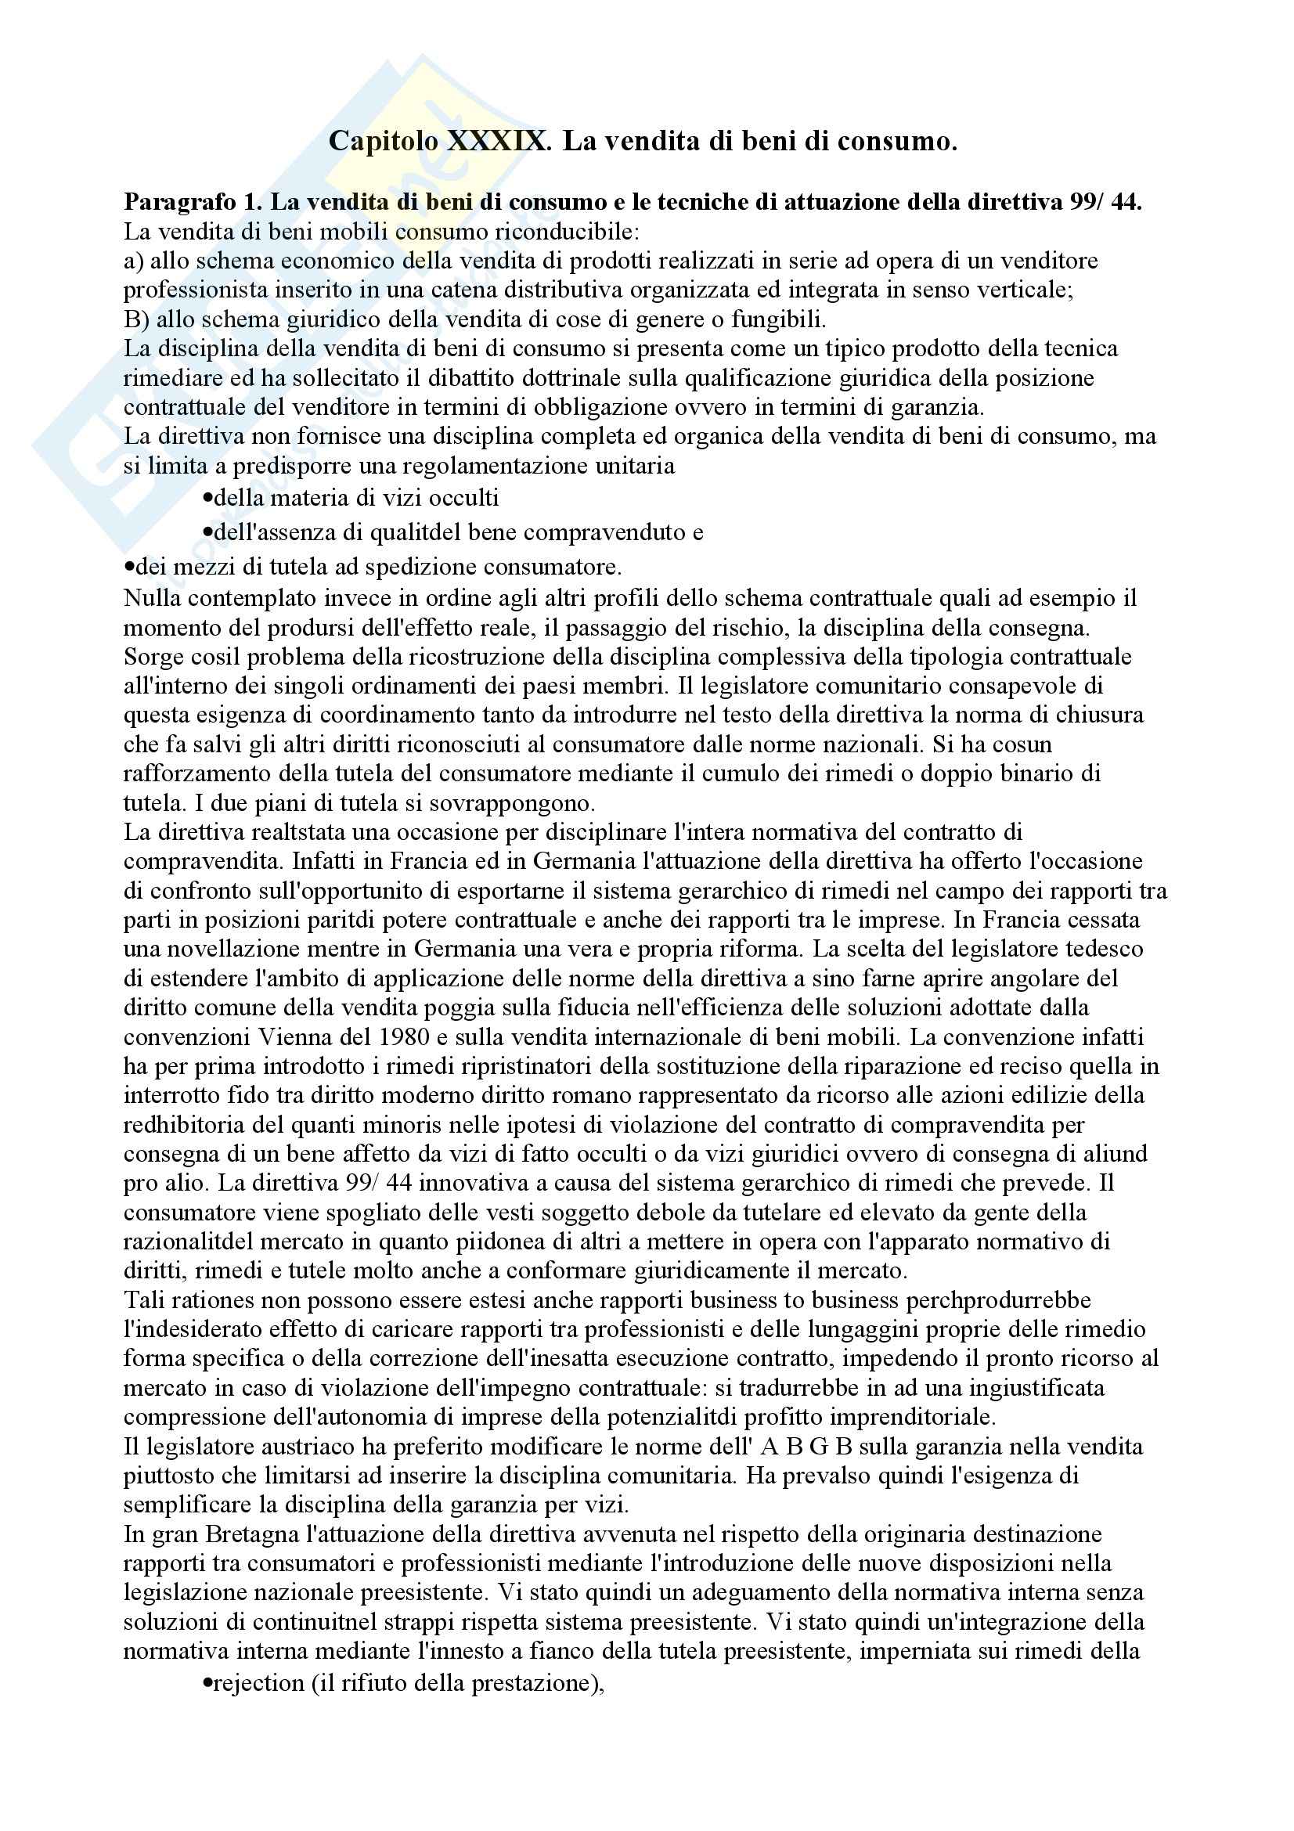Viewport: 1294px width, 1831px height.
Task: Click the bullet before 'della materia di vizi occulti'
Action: coord(208,499)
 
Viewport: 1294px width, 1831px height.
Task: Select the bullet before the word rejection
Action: coord(208,1684)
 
